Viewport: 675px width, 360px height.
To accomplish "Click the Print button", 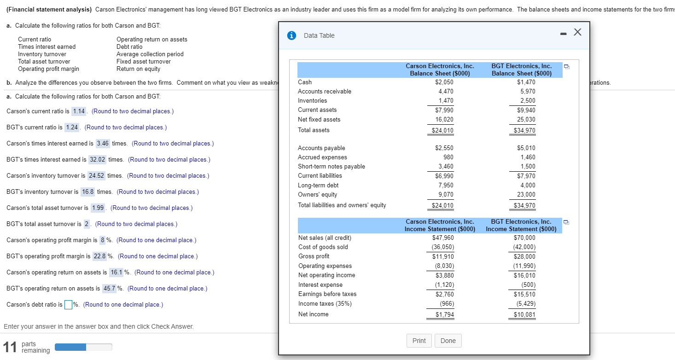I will point(419,341).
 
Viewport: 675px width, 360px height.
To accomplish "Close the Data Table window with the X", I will point(578,32).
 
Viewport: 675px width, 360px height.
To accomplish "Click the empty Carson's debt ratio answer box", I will point(68,305).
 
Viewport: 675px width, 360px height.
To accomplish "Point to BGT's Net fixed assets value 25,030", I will point(526,119).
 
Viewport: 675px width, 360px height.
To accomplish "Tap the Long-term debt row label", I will point(318,185).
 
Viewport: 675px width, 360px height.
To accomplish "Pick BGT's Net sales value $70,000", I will point(524,238).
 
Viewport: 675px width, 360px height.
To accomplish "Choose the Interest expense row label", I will point(320,285).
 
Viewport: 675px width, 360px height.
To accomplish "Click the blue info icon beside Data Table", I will point(291,35).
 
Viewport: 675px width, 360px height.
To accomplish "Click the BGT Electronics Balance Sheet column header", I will point(521,70).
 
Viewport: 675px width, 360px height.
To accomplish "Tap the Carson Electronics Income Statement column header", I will point(440,225).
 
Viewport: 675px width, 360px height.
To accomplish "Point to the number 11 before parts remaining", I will point(9,347).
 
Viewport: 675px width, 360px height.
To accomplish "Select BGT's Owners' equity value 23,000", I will point(526,194).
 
